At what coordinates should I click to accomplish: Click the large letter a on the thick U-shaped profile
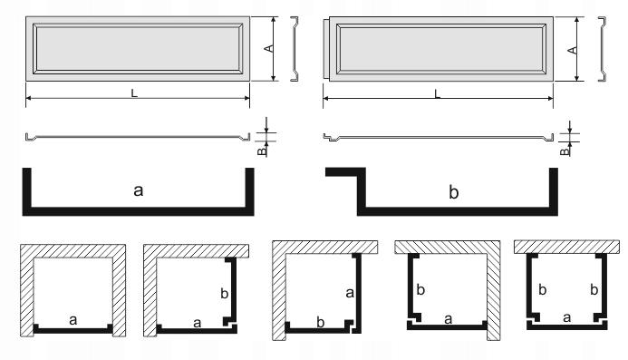click(x=138, y=190)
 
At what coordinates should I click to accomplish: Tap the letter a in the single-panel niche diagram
click(x=73, y=318)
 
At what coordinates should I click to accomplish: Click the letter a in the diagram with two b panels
click(x=566, y=317)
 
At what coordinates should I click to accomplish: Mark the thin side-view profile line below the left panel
click(x=136, y=136)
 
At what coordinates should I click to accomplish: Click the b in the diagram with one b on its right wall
click(x=224, y=294)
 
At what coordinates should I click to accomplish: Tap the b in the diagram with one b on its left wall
click(x=420, y=290)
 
